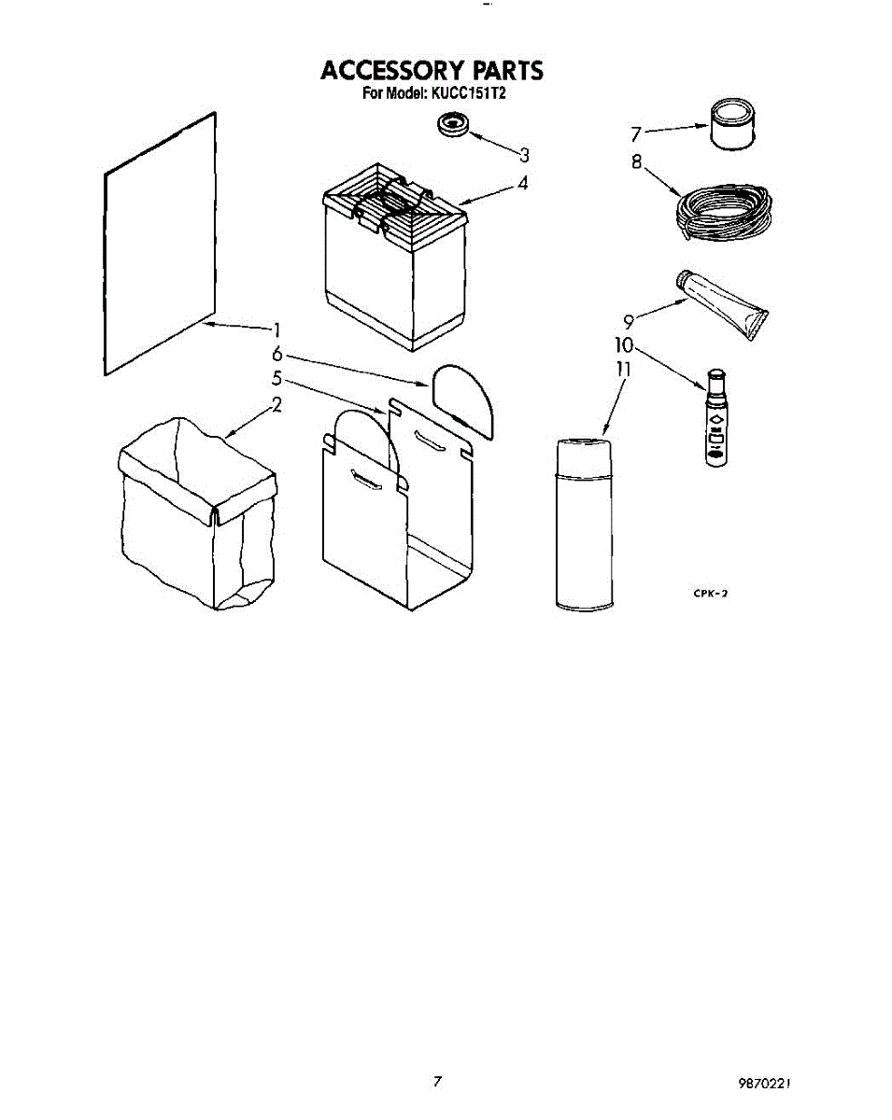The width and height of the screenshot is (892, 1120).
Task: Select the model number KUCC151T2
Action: tap(467, 93)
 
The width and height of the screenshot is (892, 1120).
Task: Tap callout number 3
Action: tap(524, 154)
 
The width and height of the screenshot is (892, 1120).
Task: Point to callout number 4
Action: tap(523, 183)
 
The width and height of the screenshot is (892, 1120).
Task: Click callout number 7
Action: tap(636, 132)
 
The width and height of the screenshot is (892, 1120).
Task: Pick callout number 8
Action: tap(636, 161)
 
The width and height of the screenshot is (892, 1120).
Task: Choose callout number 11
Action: tap(623, 369)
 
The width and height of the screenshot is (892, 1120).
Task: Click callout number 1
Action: tap(276, 329)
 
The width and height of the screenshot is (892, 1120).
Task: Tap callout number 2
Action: tap(276, 404)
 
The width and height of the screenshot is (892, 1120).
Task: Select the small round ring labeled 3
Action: tap(454, 125)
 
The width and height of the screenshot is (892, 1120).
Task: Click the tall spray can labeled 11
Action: tap(585, 523)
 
